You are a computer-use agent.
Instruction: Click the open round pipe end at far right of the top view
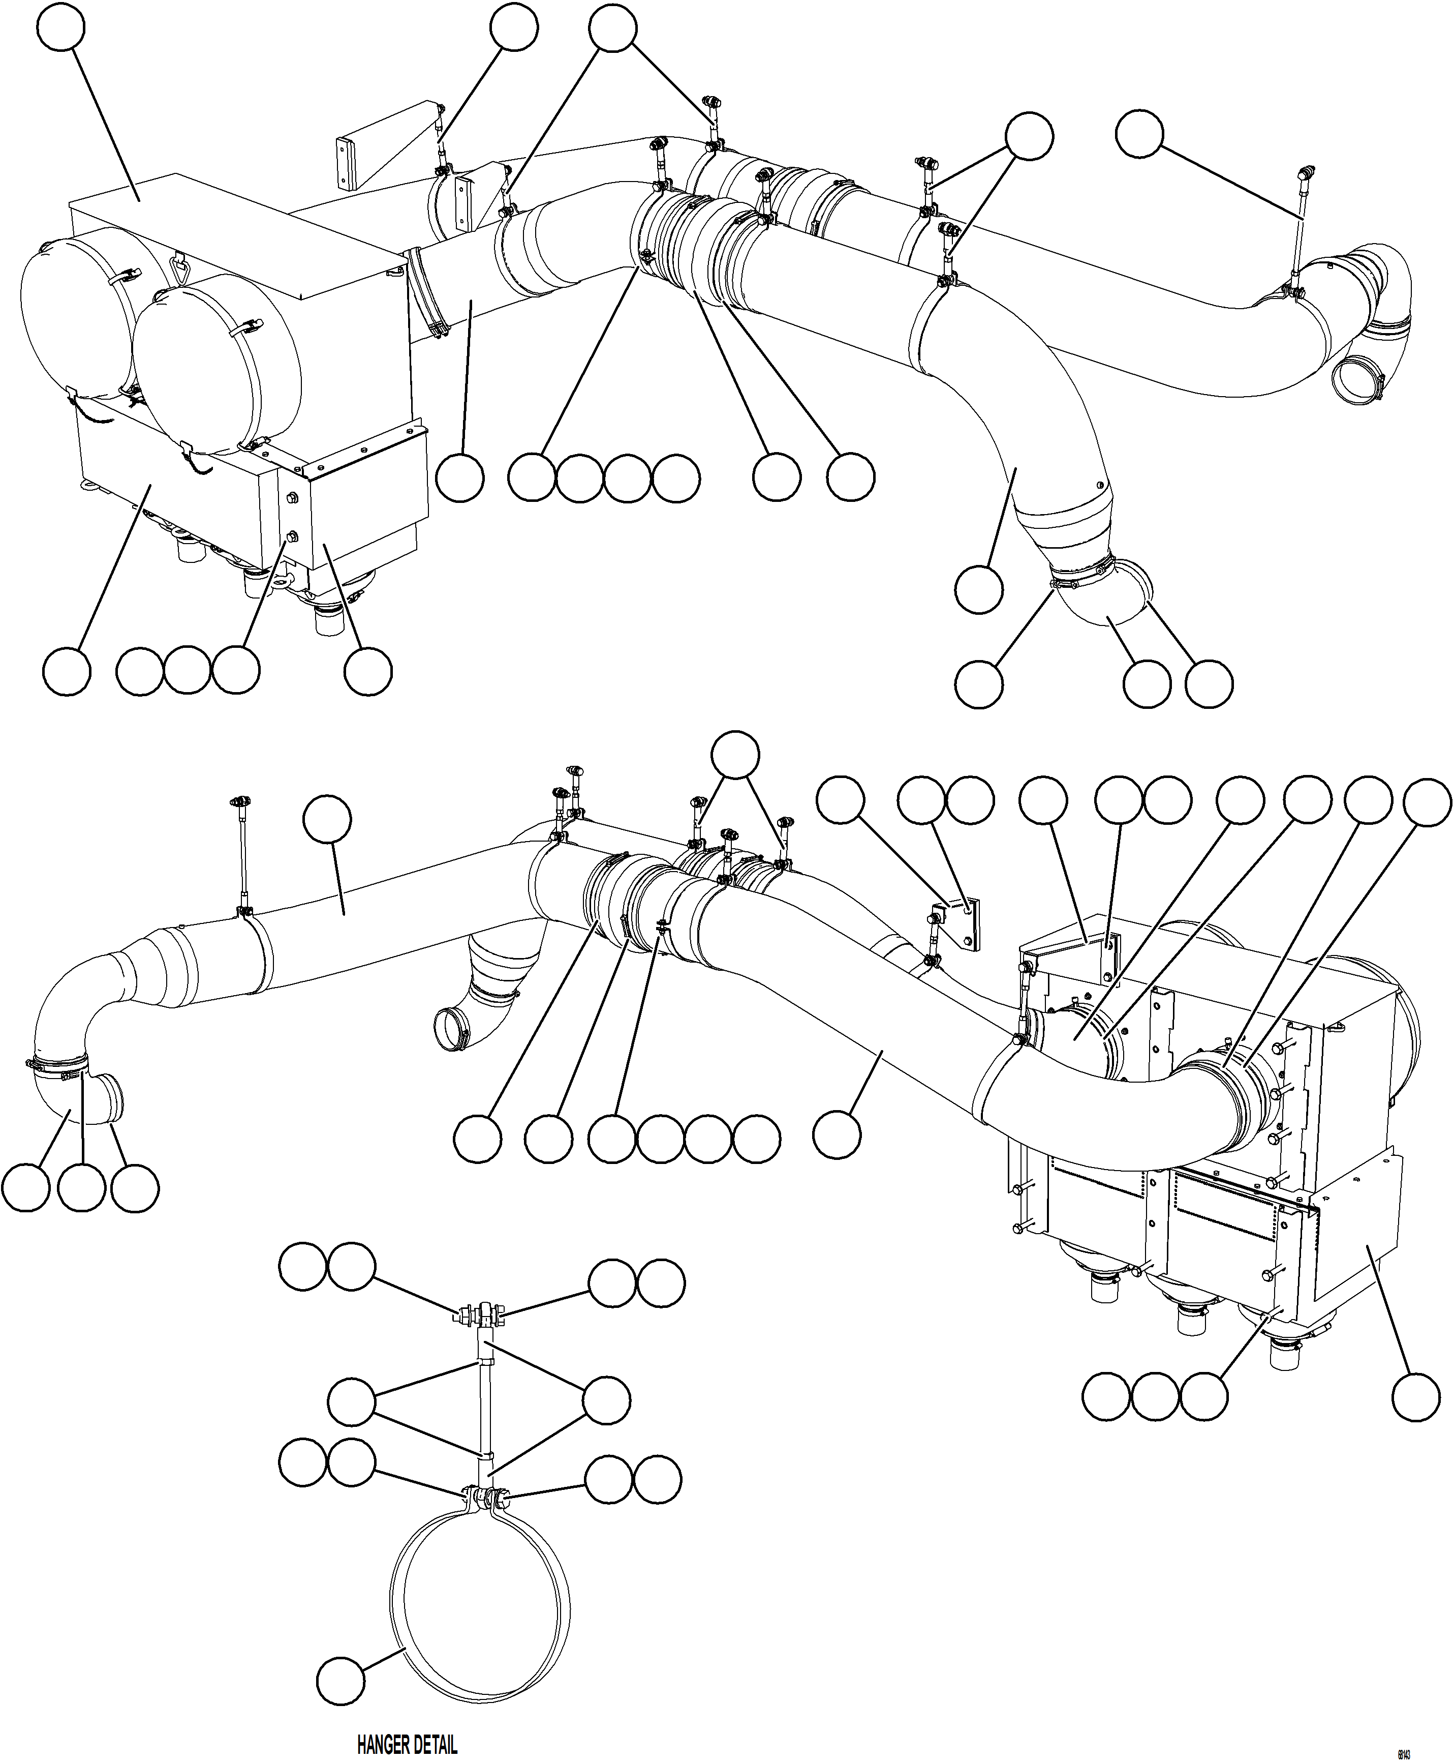click(x=1354, y=381)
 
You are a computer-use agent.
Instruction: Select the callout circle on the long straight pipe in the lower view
click(x=327, y=819)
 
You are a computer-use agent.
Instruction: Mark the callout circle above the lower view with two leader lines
click(x=735, y=756)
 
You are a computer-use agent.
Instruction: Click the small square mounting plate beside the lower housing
click(x=963, y=921)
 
